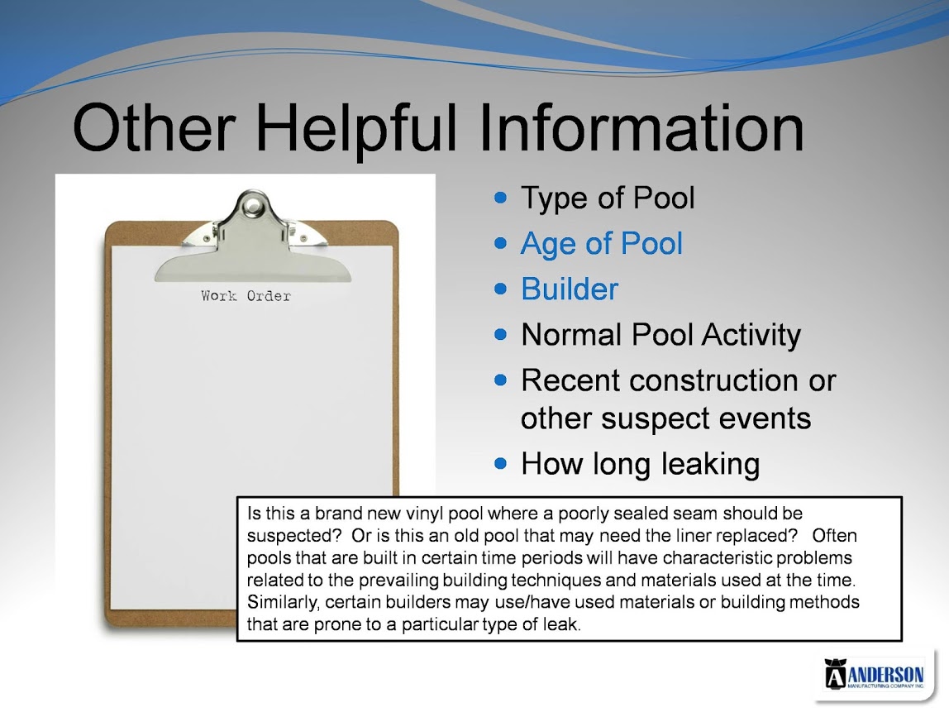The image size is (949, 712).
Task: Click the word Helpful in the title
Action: pyautogui.click(x=355, y=129)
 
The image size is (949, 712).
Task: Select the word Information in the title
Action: pyautogui.click(x=641, y=127)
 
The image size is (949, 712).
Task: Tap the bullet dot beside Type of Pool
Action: pyautogui.click(x=500, y=198)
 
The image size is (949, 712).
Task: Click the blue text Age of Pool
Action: pyautogui.click(x=602, y=244)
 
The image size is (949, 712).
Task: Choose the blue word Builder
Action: pyautogui.click(x=570, y=289)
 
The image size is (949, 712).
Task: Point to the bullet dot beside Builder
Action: pyautogui.click(x=500, y=289)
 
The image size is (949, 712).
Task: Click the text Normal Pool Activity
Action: pyautogui.click(x=661, y=336)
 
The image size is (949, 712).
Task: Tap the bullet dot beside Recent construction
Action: pyautogui.click(x=500, y=380)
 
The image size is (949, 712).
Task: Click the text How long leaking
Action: pyautogui.click(x=641, y=465)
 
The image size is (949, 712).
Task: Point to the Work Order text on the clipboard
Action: pyautogui.click(x=246, y=295)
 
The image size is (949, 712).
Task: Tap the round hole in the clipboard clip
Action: pyautogui.click(x=252, y=207)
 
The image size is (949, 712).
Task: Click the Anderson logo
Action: pyautogui.click(x=874, y=673)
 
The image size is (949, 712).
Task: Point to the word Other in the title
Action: pyautogui.click(x=154, y=127)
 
